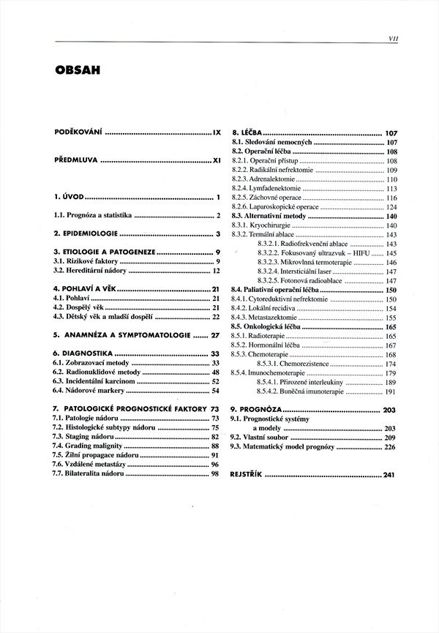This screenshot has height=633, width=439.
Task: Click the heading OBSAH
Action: [79, 71]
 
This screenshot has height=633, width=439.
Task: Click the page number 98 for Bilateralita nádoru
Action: [215, 474]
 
